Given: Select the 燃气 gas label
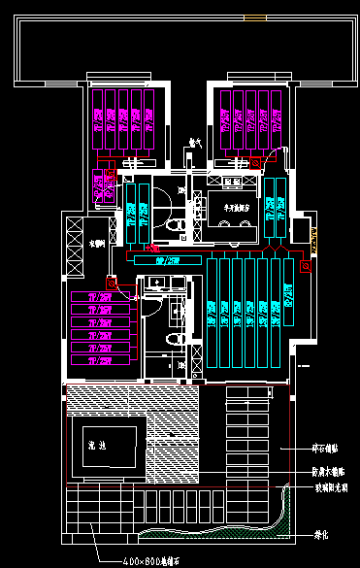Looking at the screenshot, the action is tap(193, 144).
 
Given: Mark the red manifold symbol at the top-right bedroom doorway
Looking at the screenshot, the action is tap(256, 164).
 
